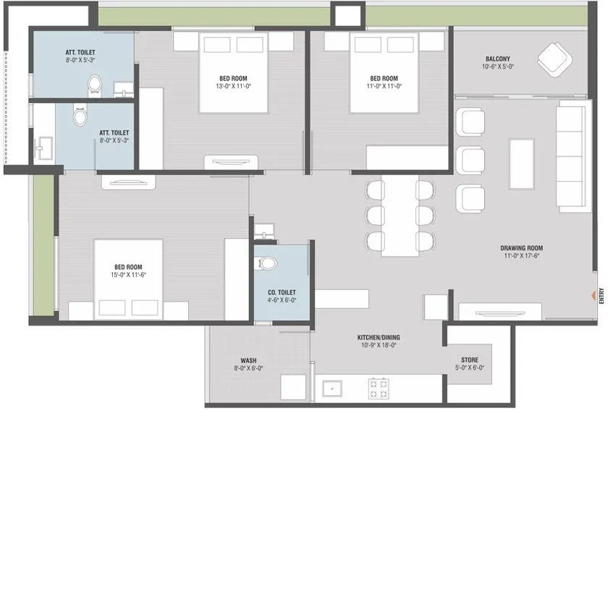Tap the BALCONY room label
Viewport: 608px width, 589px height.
coord(497,59)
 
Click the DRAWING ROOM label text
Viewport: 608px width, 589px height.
coord(521,247)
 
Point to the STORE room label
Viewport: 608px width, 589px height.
coord(469,360)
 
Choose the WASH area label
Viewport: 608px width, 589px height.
coord(248,360)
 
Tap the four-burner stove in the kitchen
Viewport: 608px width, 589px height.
coord(378,389)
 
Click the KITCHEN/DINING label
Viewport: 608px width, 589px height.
coord(379,337)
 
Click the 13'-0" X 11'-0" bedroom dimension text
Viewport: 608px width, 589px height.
coord(234,86)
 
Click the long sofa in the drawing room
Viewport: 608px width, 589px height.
coord(571,157)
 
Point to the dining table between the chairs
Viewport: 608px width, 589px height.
coord(400,217)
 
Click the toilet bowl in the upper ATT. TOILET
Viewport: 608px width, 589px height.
coord(94,86)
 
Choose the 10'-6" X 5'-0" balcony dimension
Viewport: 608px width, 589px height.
coord(497,67)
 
